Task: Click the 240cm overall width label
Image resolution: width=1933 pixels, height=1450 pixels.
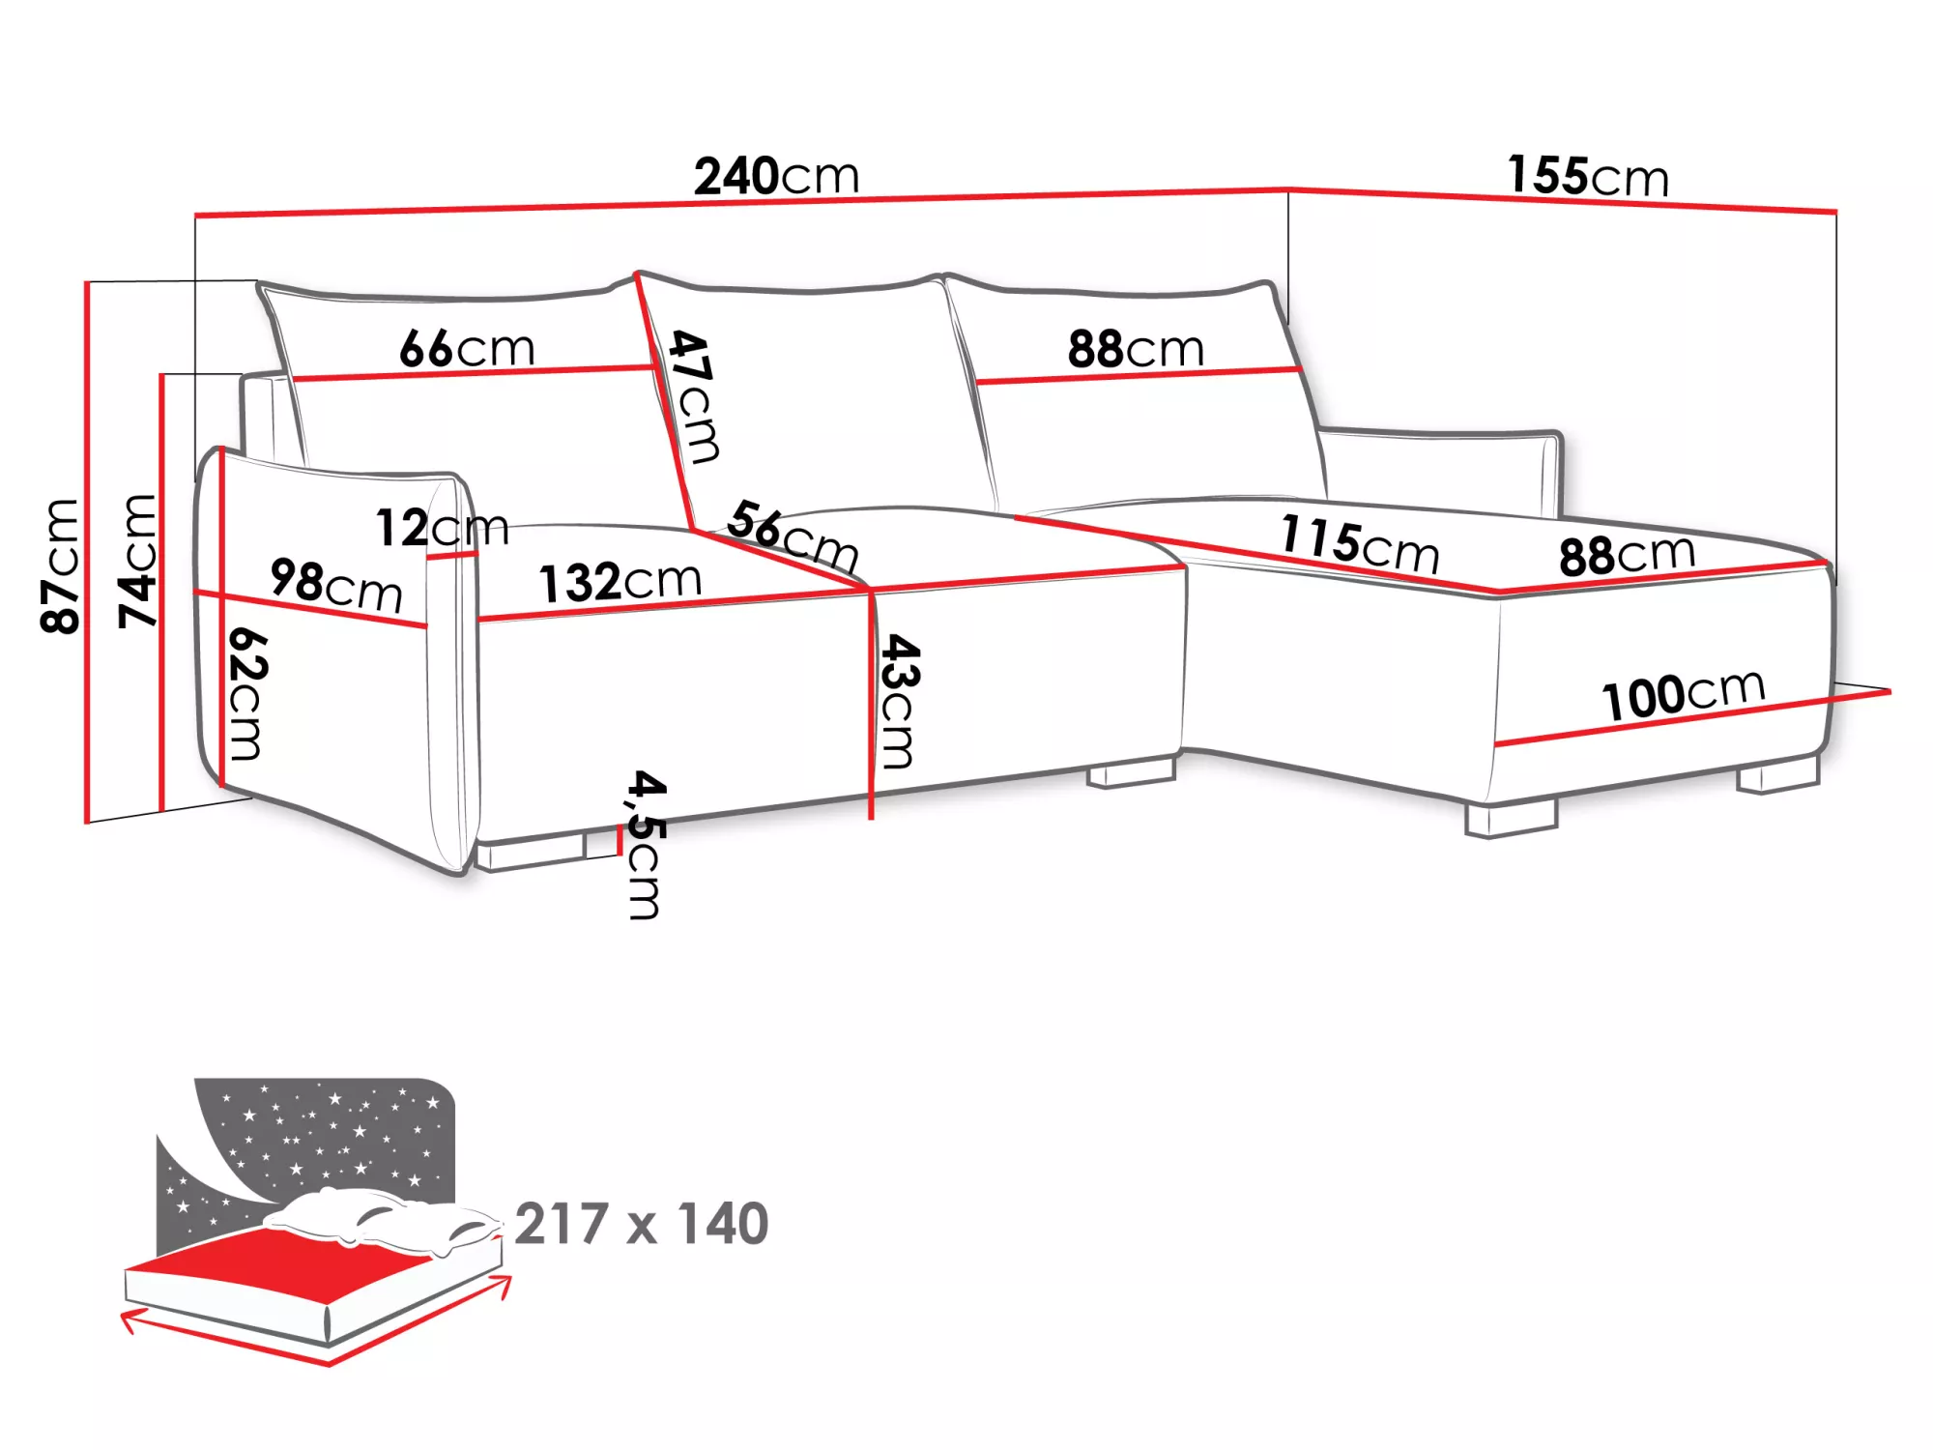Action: [776, 177]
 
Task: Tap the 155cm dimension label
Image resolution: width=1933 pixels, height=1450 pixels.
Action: [1587, 177]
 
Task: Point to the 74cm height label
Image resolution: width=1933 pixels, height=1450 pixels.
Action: [137, 561]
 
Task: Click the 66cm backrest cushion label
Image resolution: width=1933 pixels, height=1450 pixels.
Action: [467, 348]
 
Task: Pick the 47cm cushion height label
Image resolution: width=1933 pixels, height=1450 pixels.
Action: [694, 396]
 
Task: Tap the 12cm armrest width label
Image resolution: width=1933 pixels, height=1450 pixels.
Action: [442, 528]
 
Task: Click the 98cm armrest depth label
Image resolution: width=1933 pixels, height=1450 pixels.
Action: [335, 585]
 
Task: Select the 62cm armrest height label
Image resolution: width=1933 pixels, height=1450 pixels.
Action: [246, 693]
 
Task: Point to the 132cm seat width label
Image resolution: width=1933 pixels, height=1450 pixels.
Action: [620, 582]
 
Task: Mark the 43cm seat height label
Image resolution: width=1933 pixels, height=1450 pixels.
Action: [900, 701]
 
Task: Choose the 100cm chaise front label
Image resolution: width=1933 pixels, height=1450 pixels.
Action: [1683, 693]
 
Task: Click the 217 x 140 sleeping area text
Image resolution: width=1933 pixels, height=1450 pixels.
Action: [641, 1224]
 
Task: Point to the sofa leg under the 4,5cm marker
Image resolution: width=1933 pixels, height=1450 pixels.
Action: [532, 853]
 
